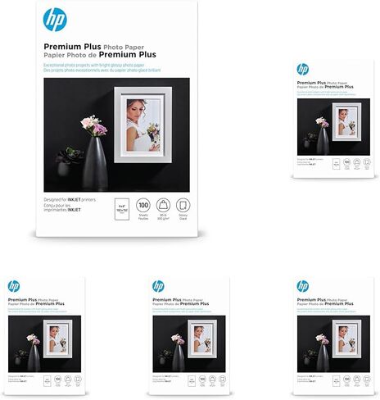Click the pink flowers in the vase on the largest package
pos(94,126)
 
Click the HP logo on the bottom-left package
pos(13,285)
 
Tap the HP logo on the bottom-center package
pos(158,285)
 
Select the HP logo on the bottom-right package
pos(303,285)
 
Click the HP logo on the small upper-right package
pos(303,69)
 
